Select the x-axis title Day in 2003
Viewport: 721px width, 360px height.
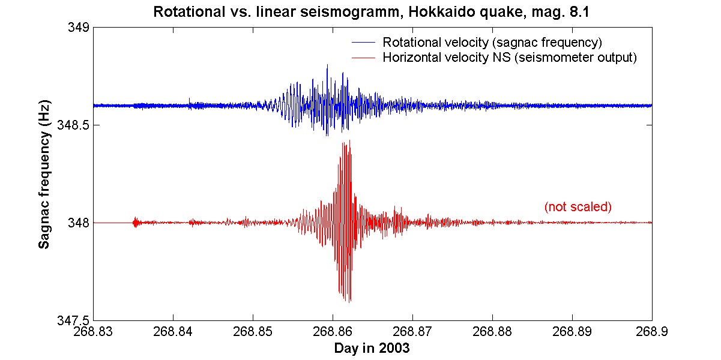coord(373,349)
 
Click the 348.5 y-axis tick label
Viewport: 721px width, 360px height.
coord(73,125)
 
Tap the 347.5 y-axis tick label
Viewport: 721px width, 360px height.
coord(73,320)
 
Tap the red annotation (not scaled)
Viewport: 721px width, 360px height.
coord(578,207)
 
